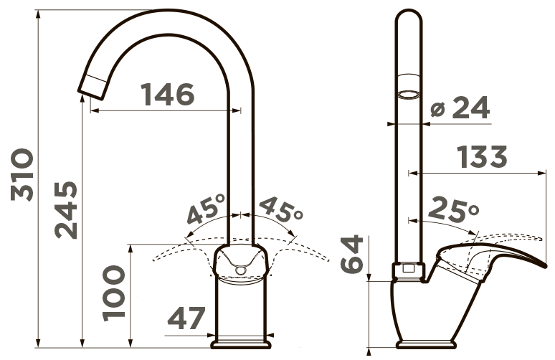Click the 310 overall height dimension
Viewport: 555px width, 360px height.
click(x=22, y=175)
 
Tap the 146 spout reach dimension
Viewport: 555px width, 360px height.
click(x=167, y=94)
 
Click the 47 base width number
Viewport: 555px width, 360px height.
click(x=186, y=318)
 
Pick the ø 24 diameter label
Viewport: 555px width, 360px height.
click(x=460, y=107)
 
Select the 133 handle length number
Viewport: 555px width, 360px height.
click(x=482, y=156)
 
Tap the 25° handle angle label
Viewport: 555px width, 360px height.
click(x=453, y=209)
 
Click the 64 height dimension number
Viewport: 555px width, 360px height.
click(x=352, y=254)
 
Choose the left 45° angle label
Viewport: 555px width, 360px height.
click(x=205, y=209)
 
